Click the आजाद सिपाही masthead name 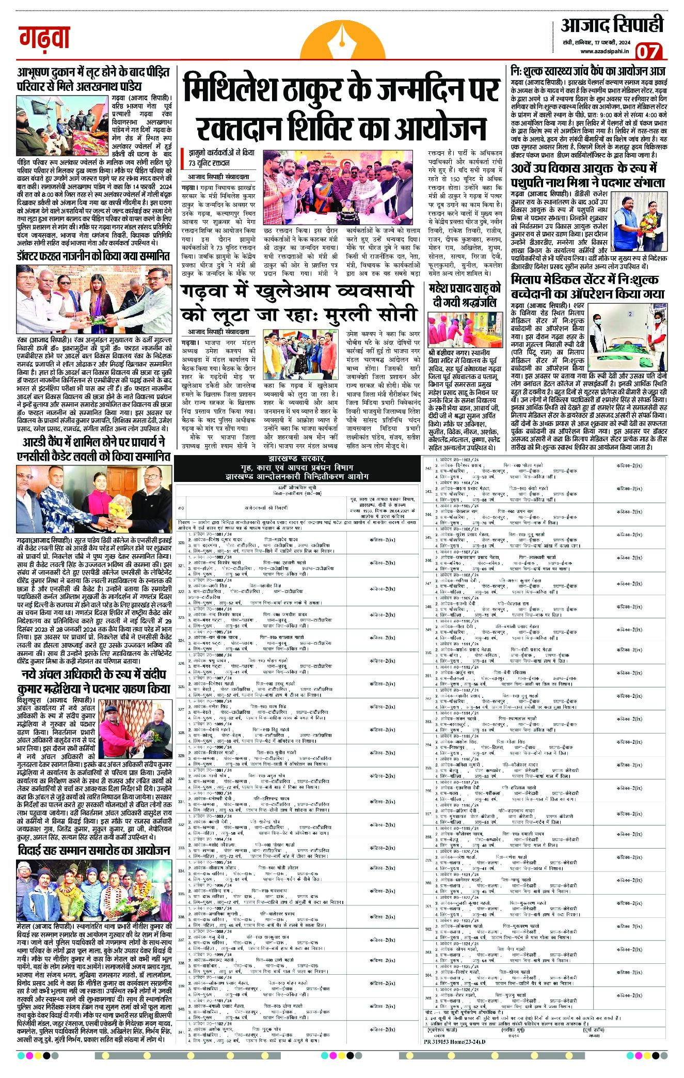point(612,24)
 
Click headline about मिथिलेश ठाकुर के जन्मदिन point(341,106)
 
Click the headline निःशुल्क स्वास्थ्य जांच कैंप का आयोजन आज point(587,70)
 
